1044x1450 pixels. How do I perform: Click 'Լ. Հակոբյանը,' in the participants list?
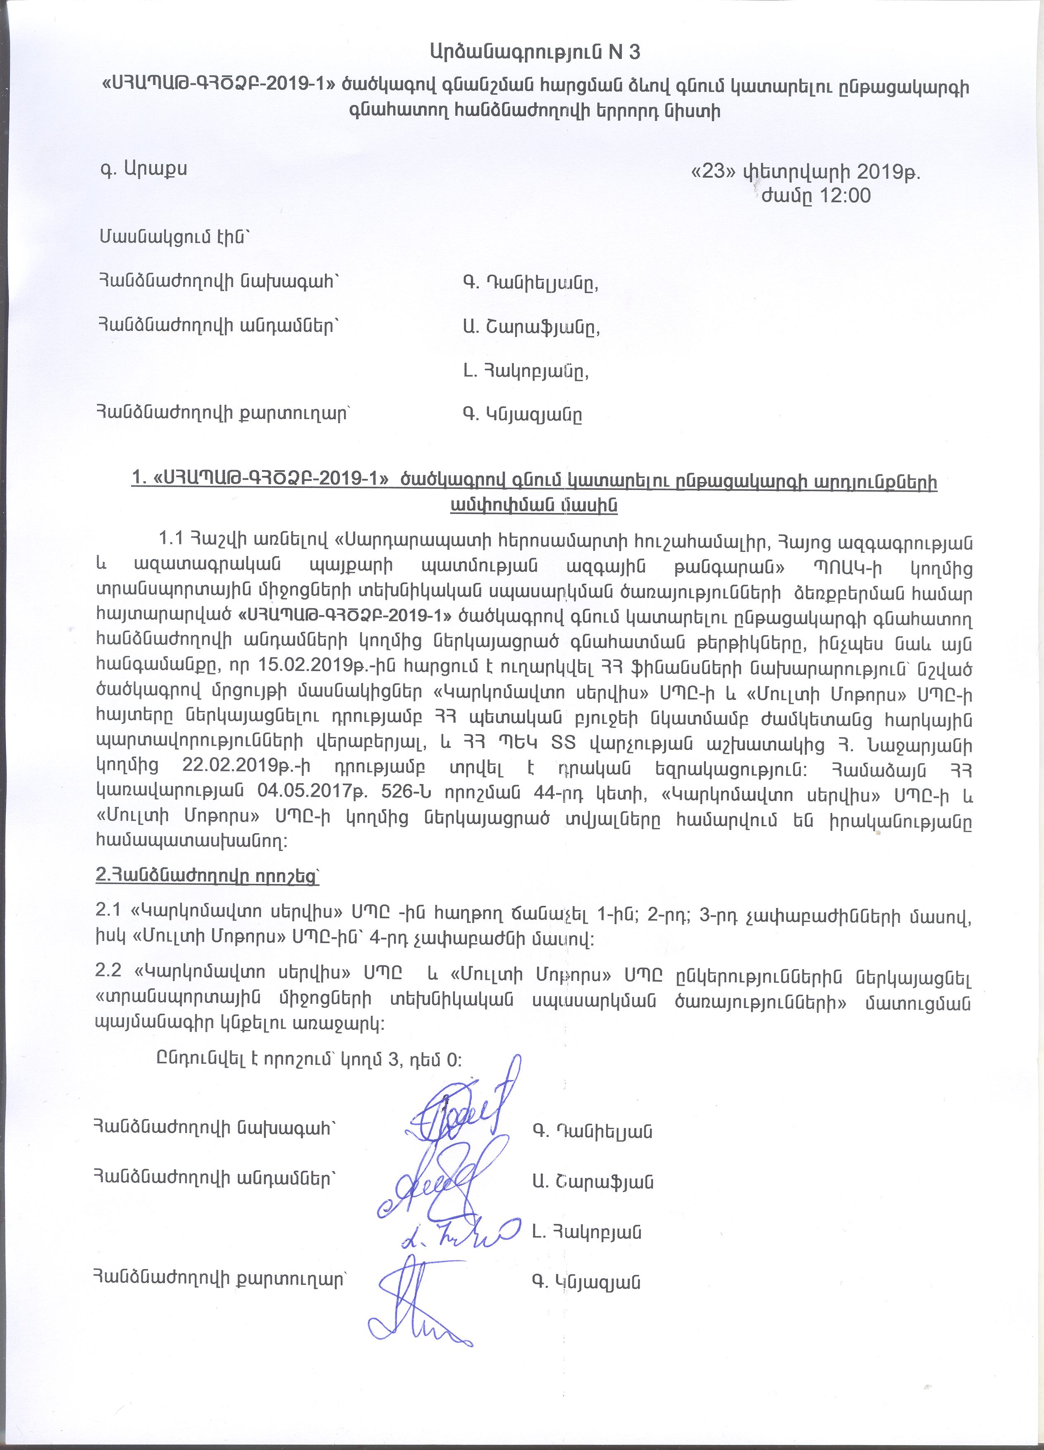coord(526,371)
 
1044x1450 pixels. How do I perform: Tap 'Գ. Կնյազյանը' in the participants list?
coord(522,415)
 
